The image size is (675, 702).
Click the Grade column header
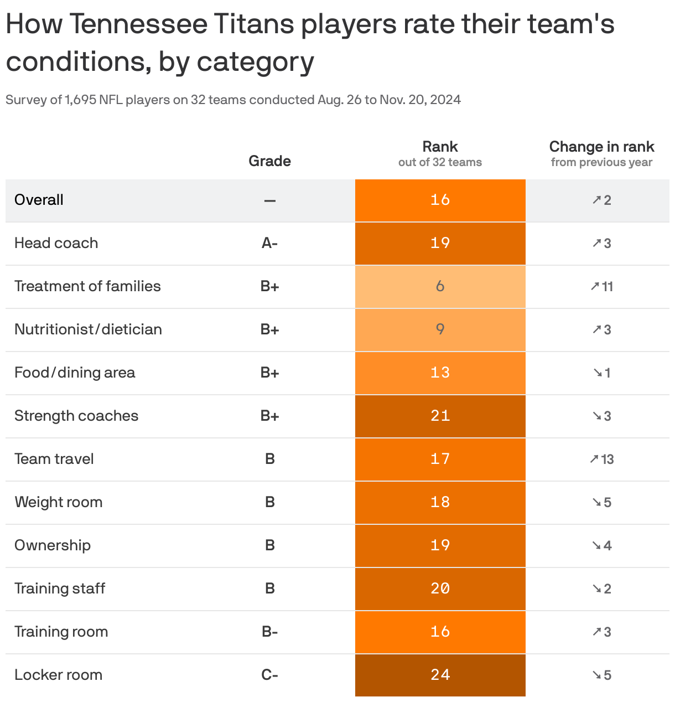269,161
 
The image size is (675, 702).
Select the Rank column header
440,147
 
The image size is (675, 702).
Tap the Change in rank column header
601,147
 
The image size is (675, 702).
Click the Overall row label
39,200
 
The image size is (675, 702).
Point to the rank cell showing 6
440,286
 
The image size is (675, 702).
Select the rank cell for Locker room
440,675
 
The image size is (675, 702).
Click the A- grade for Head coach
269,243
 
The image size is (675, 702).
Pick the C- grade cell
269,675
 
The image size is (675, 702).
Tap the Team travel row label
54,459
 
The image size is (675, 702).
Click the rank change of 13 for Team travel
601,459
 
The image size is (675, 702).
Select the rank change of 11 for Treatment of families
601,286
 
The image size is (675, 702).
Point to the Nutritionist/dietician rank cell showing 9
440,329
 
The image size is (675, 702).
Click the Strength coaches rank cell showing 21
440,416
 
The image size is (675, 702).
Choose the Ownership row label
53,545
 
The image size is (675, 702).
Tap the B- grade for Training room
269,632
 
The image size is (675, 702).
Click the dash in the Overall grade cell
269,200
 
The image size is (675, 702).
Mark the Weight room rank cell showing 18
440,502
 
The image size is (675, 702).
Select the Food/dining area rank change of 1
601,373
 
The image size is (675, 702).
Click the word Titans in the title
253,24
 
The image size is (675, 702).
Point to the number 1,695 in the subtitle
80,100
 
